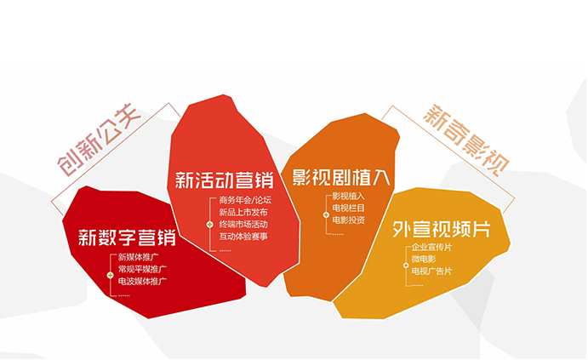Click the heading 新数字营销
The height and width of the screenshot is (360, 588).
pyautogui.click(x=127, y=237)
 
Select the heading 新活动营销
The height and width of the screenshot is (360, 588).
pyautogui.click(x=225, y=180)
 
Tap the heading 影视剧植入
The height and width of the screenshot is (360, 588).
pyautogui.click(x=341, y=177)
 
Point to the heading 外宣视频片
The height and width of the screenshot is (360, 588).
pyautogui.click(x=442, y=229)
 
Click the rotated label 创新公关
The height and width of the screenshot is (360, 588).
pyautogui.click(x=99, y=140)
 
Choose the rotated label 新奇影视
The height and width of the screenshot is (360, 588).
pyautogui.click(x=466, y=140)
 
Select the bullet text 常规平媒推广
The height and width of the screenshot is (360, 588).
pyautogui.click(x=142, y=269)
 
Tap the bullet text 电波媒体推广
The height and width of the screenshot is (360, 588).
pyautogui.click(x=142, y=281)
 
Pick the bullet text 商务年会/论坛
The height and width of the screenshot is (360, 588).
pyautogui.click(x=245, y=200)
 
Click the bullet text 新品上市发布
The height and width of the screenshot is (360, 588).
pyautogui.click(x=243, y=212)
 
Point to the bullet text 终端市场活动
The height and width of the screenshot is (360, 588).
pyautogui.click(x=243, y=224)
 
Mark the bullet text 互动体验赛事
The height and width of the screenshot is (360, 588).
pyautogui.click(x=243, y=237)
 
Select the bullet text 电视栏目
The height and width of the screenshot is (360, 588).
pyautogui.click(x=348, y=209)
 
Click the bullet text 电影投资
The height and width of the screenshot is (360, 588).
pyautogui.click(x=348, y=220)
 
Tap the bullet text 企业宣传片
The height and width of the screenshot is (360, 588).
pyautogui.click(x=431, y=247)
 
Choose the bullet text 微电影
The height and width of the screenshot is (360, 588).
pyautogui.click(x=424, y=259)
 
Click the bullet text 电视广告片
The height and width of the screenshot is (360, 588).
pyautogui.click(x=431, y=271)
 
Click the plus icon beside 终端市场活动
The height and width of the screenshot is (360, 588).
pyautogui.click(x=209, y=225)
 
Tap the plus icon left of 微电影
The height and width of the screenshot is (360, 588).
pyautogui.click(x=406, y=266)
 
